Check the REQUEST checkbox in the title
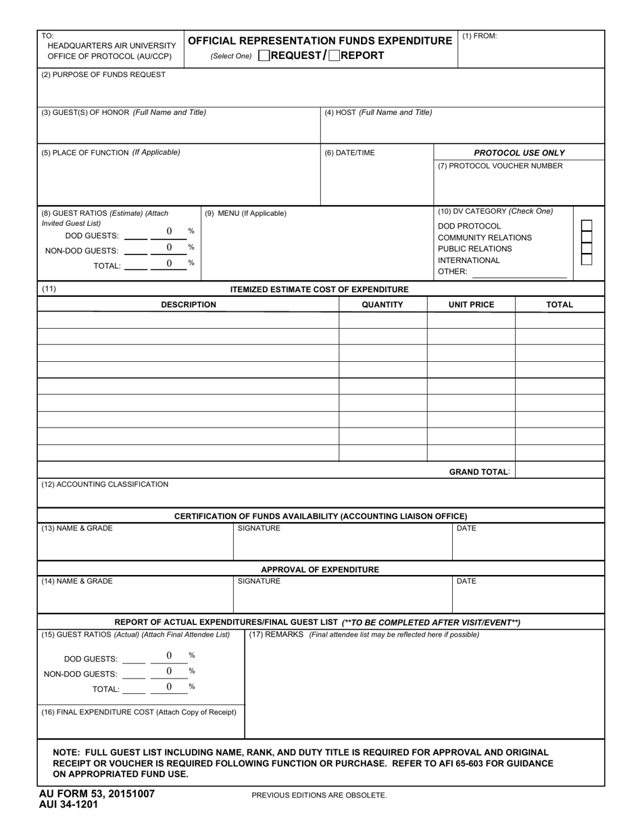point(264,56)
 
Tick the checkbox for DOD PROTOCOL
point(587,226)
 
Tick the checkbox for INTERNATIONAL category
point(587,259)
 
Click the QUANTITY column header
point(382,305)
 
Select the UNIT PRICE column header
point(471,305)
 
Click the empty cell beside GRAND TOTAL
point(560,471)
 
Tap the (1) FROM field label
point(480,37)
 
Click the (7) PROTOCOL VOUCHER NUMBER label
point(500,166)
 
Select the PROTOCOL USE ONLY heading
point(519,153)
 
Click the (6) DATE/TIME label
point(349,153)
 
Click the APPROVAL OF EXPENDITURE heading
point(320,570)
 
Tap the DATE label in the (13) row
point(466,529)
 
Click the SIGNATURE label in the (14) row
point(259,582)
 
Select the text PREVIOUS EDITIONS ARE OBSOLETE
point(319,795)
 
